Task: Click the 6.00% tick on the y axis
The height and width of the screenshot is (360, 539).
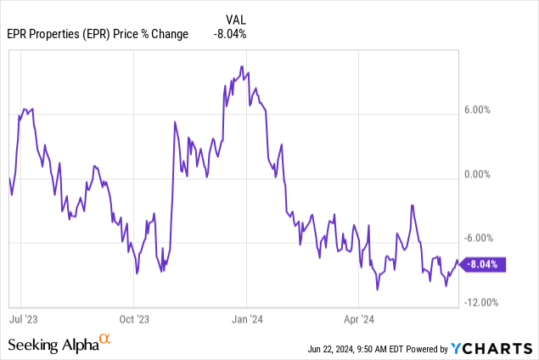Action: point(480,110)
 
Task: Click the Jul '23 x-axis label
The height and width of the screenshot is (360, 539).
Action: point(22,320)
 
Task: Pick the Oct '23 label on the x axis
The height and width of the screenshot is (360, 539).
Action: point(133,320)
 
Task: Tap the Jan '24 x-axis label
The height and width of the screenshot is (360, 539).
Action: point(246,320)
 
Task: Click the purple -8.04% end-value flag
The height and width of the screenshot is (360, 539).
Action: point(485,263)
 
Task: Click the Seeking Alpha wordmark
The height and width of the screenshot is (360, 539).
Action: point(53,345)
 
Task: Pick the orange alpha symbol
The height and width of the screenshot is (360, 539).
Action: point(105,340)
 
